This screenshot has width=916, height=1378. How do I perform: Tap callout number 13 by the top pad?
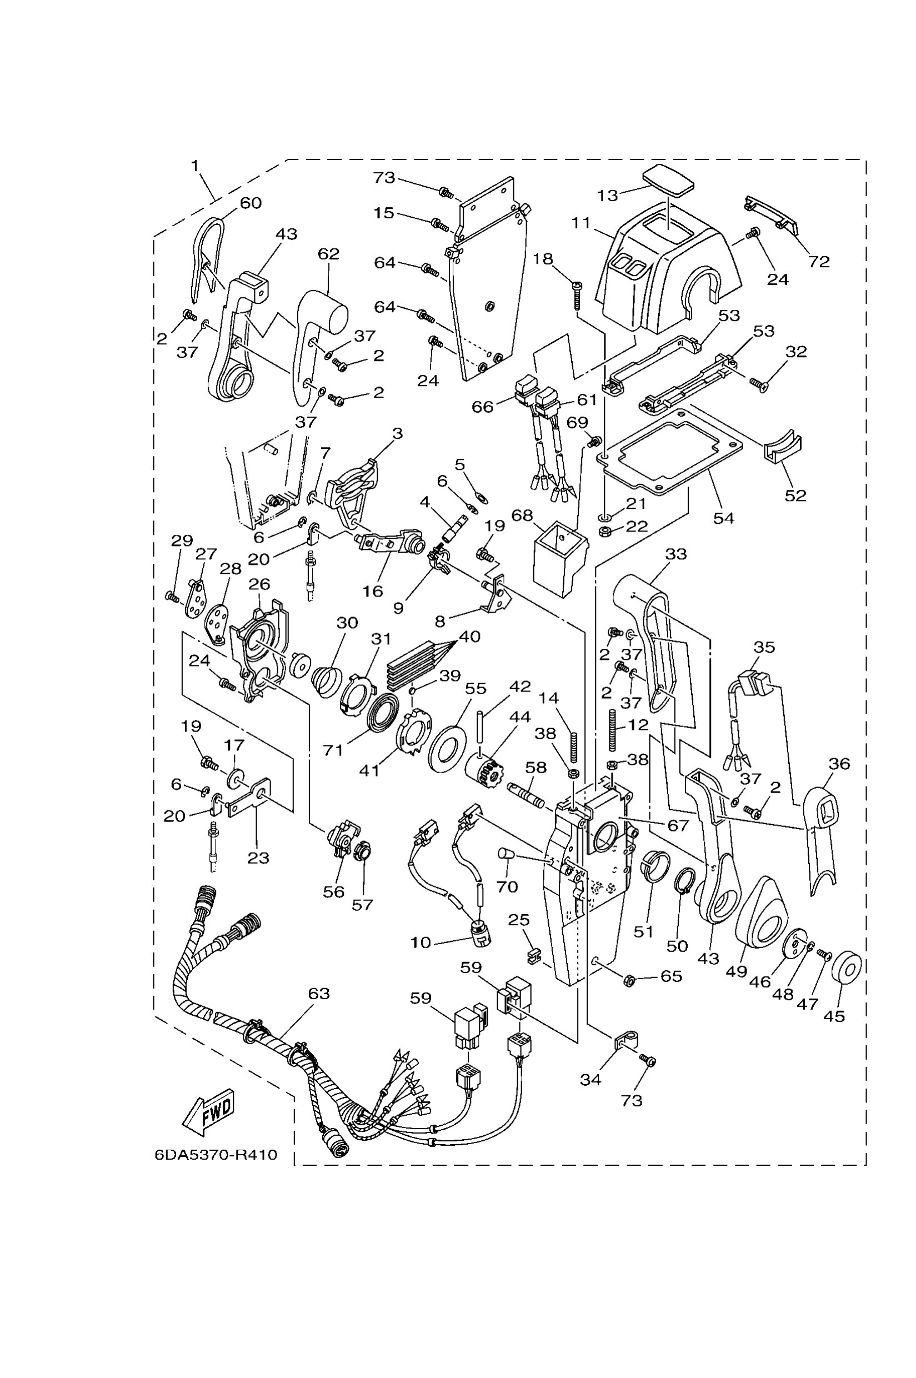point(608,195)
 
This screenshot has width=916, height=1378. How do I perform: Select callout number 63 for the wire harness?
point(319,993)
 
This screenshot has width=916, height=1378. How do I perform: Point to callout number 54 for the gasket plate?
point(723,518)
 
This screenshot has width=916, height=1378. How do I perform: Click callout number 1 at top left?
point(195,166)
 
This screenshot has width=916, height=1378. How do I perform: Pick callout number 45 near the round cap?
point(834,1016)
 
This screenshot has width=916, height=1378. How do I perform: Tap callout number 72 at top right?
point(818,261)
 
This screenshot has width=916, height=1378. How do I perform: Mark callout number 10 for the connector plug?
point(421,943)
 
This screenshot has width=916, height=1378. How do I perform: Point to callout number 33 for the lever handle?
point(676,553)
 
